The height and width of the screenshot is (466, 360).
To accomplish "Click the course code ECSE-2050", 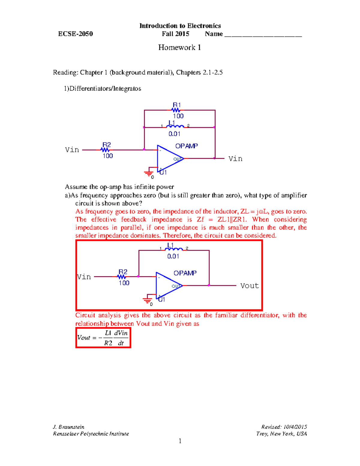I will (x=76, y=34).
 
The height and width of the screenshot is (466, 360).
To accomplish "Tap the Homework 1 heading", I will (x=179, y=47).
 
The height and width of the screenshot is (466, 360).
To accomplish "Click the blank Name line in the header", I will (x=263, y=35).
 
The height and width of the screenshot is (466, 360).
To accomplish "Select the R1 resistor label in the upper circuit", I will (x=177, y=105).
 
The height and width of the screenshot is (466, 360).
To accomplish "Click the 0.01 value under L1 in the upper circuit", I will (x=174, y=134).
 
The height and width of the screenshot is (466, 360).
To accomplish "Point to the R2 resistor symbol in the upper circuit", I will (x=105, y=150).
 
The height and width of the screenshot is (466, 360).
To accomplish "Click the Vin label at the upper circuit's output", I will (x=235, y=159).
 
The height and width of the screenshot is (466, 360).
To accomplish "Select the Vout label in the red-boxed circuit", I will (x=249, y=286).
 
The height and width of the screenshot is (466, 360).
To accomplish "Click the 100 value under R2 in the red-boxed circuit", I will (x=124, y=283).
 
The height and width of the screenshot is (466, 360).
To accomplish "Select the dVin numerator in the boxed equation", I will (x=121, y=333).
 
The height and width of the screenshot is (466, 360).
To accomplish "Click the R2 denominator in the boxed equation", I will (x=108, y=343).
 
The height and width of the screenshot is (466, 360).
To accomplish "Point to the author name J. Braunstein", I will (x=69, y=427).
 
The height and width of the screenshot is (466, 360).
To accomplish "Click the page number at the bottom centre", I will (x=180, y=441).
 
